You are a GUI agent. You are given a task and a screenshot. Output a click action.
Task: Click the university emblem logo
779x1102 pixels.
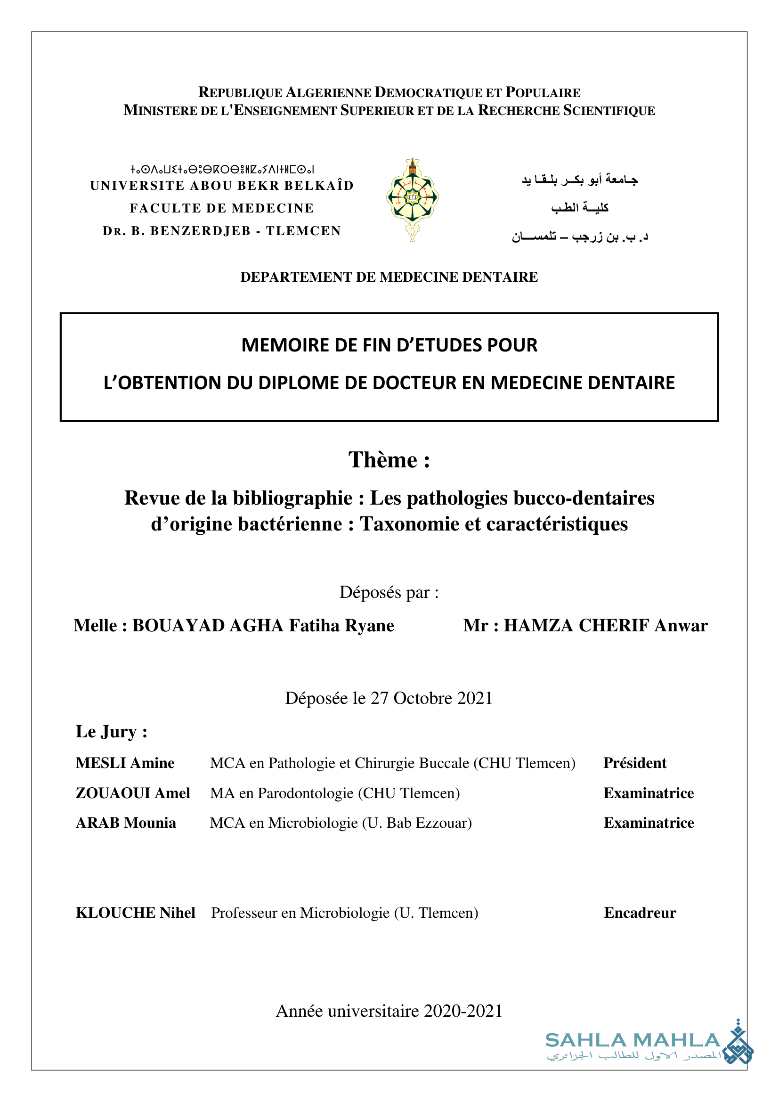pos(412,199)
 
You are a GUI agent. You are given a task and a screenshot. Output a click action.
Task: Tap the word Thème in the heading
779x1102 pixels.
pos(383,460)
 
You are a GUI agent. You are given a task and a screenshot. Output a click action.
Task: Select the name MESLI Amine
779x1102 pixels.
pos(125,763)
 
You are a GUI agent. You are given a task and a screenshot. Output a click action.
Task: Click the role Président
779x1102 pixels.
pos(634,763)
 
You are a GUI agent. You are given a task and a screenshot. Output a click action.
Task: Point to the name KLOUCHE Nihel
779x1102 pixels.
pos(135,913)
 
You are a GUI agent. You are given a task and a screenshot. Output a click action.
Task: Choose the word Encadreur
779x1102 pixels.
pos(640,913)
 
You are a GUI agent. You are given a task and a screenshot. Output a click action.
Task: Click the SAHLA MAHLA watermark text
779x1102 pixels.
pos(633,1040)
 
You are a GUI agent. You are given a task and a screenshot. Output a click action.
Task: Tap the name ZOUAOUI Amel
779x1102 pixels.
pos(133,793)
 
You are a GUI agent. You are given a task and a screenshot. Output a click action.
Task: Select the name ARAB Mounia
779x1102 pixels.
pos(126,823)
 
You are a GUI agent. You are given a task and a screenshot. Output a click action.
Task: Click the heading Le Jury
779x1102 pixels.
pos(111,732)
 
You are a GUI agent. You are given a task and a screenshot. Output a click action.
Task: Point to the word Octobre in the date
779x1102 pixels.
pos(422,698)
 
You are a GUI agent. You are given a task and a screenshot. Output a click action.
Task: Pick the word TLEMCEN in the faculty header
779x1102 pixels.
pos(303,231)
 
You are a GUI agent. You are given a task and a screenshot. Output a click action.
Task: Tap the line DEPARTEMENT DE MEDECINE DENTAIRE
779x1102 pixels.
pos(389,277)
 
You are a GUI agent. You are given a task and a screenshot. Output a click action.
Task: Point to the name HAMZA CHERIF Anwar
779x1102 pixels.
pos(605,625)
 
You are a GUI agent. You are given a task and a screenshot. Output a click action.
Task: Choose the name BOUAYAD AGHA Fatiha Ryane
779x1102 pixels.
pos(263,625)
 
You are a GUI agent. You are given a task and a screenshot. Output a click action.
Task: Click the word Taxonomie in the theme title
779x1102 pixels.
pos(417,524)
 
